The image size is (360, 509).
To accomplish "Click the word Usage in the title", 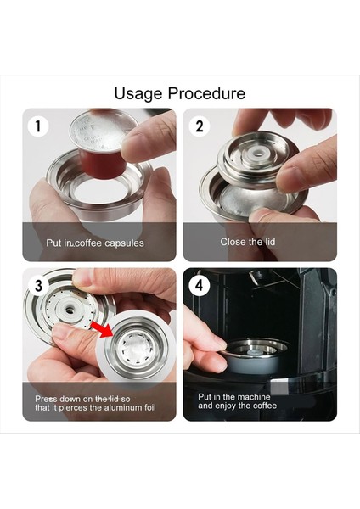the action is [x=138, y=94].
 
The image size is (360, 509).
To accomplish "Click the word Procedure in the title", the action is [x=206, y=93].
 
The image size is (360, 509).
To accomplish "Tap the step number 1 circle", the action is [x=38, y=126].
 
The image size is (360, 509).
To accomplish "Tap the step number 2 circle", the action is [x=200, y=126].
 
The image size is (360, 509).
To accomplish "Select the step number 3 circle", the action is [x=38, y=285].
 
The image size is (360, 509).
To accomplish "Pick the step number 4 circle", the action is [x=200, y=285].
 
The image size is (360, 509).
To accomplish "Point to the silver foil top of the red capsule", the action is [x=103, y=131].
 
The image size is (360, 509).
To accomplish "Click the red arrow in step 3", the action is [x=101, y=329].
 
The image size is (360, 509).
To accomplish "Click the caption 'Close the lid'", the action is [x=248, y=242].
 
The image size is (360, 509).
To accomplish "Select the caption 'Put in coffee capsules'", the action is [x=95, y=243].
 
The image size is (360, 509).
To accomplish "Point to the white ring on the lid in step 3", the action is [x=70, y=310].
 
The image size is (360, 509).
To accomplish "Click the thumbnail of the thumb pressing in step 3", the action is [x=62, y=331].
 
